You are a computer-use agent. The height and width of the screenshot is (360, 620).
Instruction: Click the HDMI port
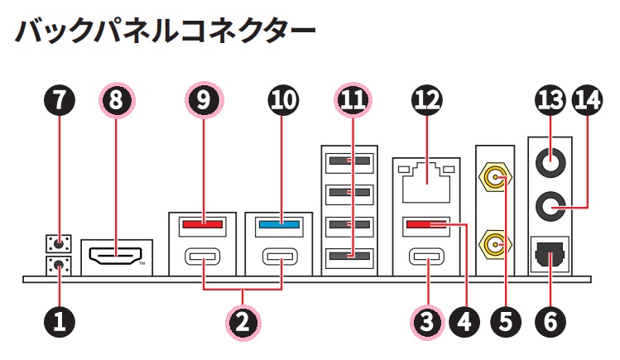click(116, 257)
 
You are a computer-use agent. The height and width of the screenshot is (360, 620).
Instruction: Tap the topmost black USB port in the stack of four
click(348, 161)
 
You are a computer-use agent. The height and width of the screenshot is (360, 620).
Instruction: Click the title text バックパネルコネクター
click(166, 31)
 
